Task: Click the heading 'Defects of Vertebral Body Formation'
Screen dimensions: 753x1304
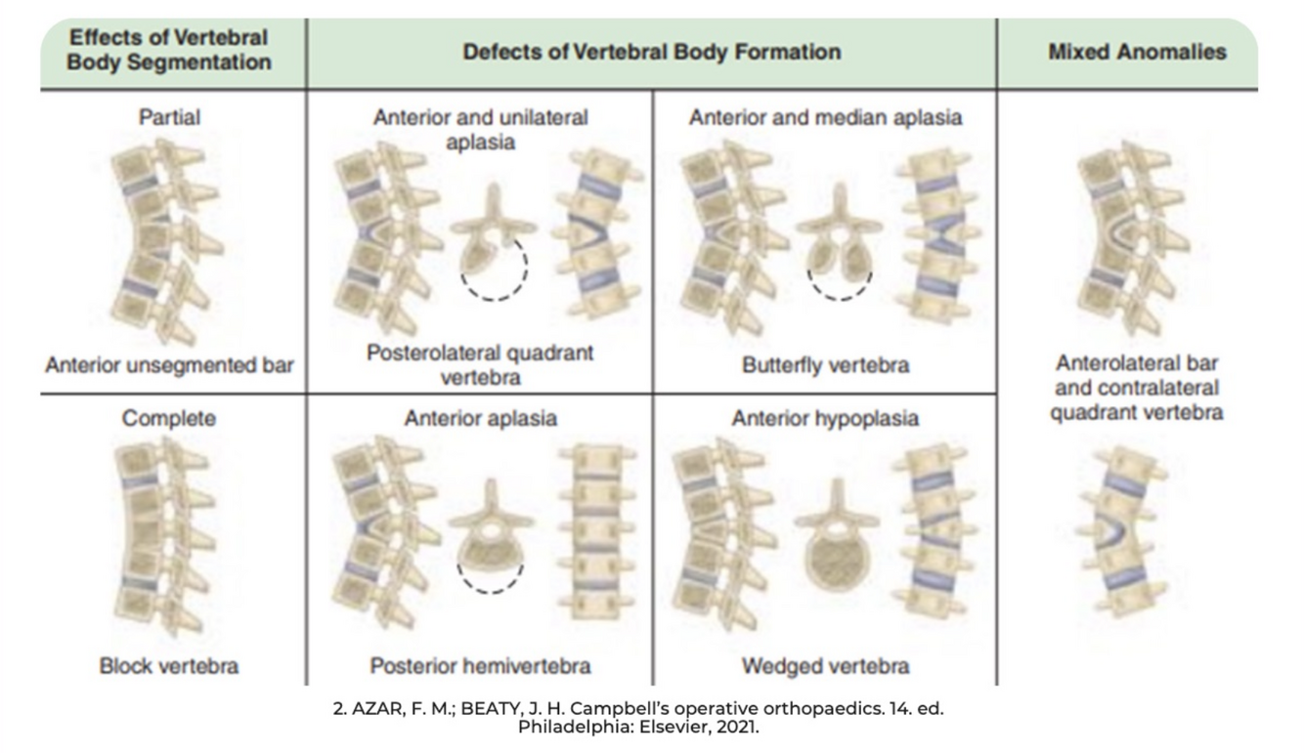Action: click(x=651, y=52)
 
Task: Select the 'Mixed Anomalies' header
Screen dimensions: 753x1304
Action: click(x=1136, y=52)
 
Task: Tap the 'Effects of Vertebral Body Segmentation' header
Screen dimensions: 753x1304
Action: click(x=169, y=50)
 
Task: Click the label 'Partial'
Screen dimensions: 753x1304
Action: click(x=169, y=117)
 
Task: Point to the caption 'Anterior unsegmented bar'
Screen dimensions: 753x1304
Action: click(x=169, y=365)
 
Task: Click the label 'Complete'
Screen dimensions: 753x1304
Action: click(x=169, y=418)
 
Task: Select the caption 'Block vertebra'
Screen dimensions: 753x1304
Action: click(x=169, y=666)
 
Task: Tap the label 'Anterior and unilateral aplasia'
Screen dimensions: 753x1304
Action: click(x=480, y=129)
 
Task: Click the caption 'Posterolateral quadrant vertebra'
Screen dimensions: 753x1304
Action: click(x=480, y=364)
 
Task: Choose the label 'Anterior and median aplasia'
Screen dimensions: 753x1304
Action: click(x=825, y=117)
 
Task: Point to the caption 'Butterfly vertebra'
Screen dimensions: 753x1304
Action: click(x=825, y=365)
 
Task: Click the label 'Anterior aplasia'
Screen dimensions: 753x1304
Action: click(x=480, y=418)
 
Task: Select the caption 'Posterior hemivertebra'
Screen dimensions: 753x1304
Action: click(x=480, y=666)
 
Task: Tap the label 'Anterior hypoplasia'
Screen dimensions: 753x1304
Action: click(x=825, y=418)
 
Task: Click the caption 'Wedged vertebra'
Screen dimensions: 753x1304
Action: click(x=825, y=666)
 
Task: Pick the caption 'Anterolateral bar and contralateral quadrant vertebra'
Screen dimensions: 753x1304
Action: click(x=1136, y=388)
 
